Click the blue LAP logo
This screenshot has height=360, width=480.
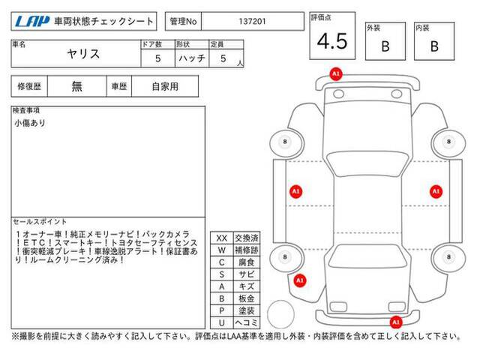point(32,22)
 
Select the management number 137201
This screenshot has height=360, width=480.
point(252,22)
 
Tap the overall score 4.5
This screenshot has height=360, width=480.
point(332,41)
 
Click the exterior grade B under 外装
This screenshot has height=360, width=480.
point(385,46)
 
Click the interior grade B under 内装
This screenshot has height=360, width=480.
point(434,46)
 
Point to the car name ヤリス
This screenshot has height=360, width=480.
point(83,54)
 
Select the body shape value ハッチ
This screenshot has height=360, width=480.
point(192,58)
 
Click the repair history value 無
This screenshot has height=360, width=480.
point(76,86)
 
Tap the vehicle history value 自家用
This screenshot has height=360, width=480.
point(165,87)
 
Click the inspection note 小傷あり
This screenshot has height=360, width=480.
point(30,123)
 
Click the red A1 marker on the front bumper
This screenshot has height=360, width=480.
point(336,73)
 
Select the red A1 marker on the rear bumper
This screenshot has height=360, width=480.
point(396,322)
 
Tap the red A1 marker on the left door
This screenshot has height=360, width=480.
point(295,192)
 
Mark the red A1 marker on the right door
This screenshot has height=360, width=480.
point(436,192)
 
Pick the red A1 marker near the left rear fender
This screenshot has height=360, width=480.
point(300,280)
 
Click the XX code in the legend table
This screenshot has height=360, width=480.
point(222,238)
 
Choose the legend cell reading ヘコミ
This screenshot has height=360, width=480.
point(247,322)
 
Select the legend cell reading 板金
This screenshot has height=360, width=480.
point(247,298)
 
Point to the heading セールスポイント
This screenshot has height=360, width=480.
point(40,222)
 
